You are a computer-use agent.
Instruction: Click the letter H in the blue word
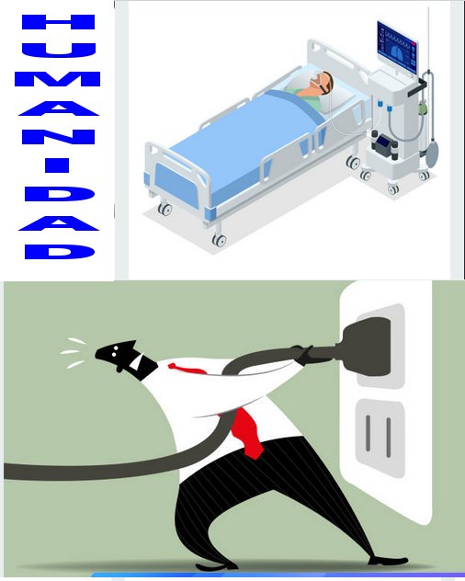[x=59, y=22]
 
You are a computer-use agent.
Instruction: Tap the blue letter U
[x=59, y=51]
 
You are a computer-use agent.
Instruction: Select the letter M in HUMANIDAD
[x=57, y=79]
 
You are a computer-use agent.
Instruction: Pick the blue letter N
[x=59, y=137]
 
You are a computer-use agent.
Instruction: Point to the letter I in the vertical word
[x=57, y=165]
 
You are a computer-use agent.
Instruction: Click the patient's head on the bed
[x=323, y=82]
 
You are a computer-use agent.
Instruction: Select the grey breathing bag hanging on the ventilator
[x=432, y=153]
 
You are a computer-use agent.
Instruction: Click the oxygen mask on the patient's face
[x=316, y=78]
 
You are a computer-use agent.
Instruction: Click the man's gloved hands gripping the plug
[x=306, y=355]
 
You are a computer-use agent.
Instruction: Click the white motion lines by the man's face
[x=74, y=353]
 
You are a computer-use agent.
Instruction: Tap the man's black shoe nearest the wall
[x=389, y=562]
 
